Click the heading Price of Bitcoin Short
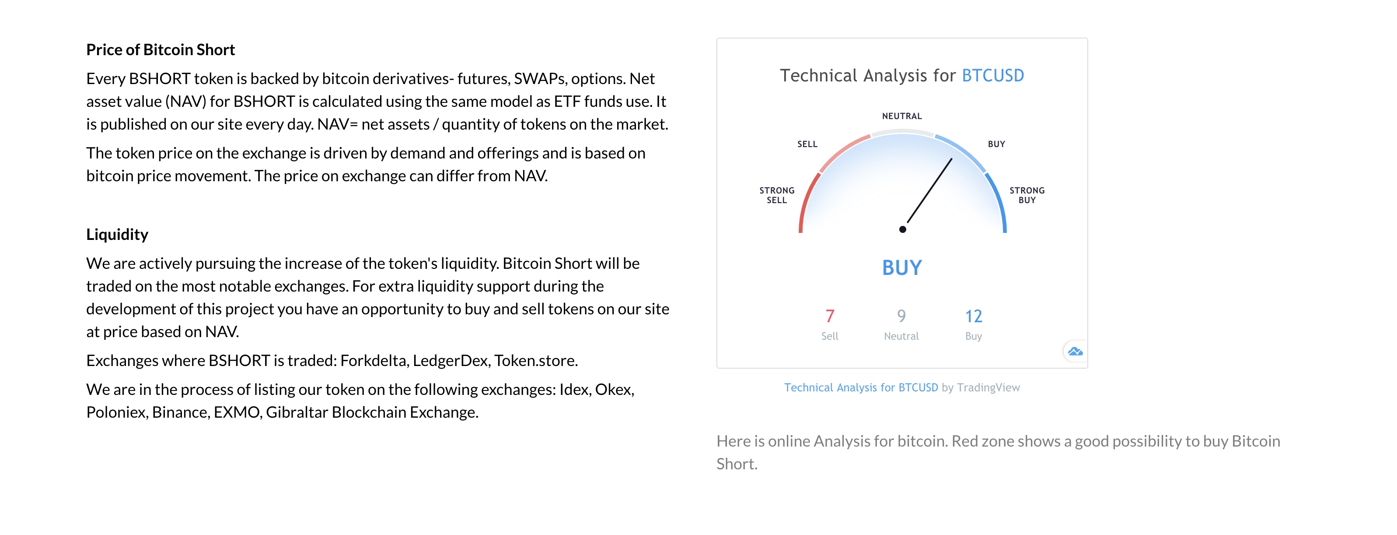tap(161, 50)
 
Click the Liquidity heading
tap(117, 234)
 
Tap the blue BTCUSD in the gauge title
tap(993, 75)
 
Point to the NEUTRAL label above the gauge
tap(902, 116)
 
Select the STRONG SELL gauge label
tap(777, 195)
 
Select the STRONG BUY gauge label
tap(1027, 195)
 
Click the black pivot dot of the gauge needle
tap(902, 229)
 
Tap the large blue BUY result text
tap(902, 268)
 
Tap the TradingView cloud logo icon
tap(1075, 352)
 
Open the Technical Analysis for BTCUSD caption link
tap(861, 387)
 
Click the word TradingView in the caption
tap(988, 387)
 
